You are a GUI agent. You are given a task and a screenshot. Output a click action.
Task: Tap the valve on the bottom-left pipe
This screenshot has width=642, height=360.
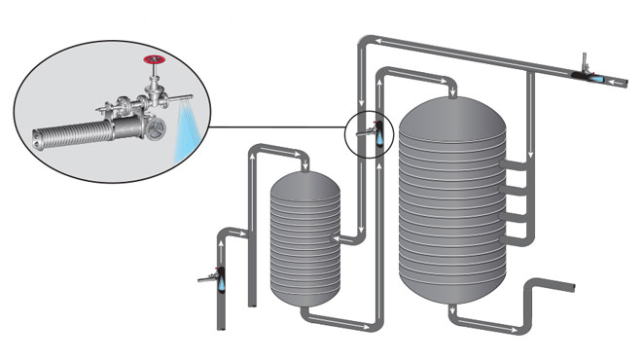click(215, 279)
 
